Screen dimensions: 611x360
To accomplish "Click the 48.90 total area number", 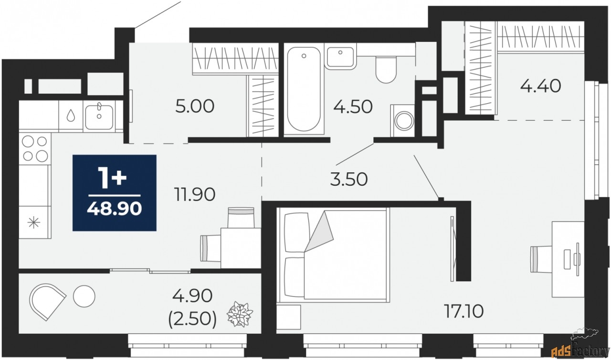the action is pyautogui.click(x=114, y=209).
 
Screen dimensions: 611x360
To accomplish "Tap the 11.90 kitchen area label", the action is pyautogui.click(x=195, y=194).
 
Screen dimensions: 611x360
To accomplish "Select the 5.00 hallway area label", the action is pyautogui.click(x=195, y=106).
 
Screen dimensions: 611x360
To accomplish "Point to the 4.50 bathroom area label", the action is pyautogui.click(x=353, y=106).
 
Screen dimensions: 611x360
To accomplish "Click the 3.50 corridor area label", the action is pyautogui.click(x=349, y=180).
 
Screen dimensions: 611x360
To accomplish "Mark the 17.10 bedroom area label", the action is pyautogui.click(x=464, y=311).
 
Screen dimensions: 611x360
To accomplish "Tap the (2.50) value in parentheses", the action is pyautogui.click(x=192, y=319).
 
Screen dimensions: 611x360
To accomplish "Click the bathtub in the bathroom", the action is pyautogui.click(x=304, y=89).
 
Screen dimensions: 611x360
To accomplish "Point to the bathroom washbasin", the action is pyautogui.click(x=341, y=58).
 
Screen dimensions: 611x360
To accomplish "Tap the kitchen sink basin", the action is pyautogui.click(x=99, y=117).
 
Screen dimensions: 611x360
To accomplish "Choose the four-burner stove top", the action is pyautogui.click(x=35, y=149).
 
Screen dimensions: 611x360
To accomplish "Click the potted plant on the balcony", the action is pyautogui.click(x=240, y=314).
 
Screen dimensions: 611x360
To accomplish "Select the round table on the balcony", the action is pyautogui.click(x=84, y=296).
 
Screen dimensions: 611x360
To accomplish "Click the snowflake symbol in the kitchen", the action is pyautogui.click(x=34, y=222).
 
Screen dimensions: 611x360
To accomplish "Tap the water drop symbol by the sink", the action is pyautogui.click(x=71, y=116).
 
